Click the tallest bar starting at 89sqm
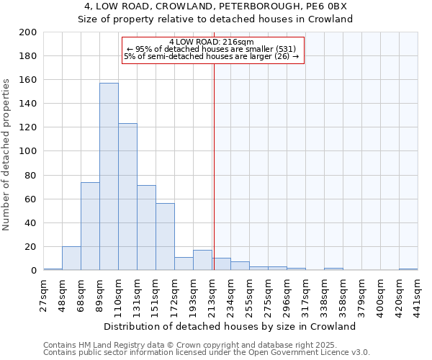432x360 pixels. [109, 176]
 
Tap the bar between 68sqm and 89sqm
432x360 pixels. [90, 226]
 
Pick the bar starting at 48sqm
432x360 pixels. [71, 258]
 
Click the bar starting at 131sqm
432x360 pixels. [146, 228]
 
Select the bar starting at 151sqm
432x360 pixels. [165, 236]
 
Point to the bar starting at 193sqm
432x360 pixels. [202, 260]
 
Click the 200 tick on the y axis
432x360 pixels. [28, 32]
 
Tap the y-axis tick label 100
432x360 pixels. [28, 151]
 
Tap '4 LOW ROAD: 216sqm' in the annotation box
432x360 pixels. [211, 42]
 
